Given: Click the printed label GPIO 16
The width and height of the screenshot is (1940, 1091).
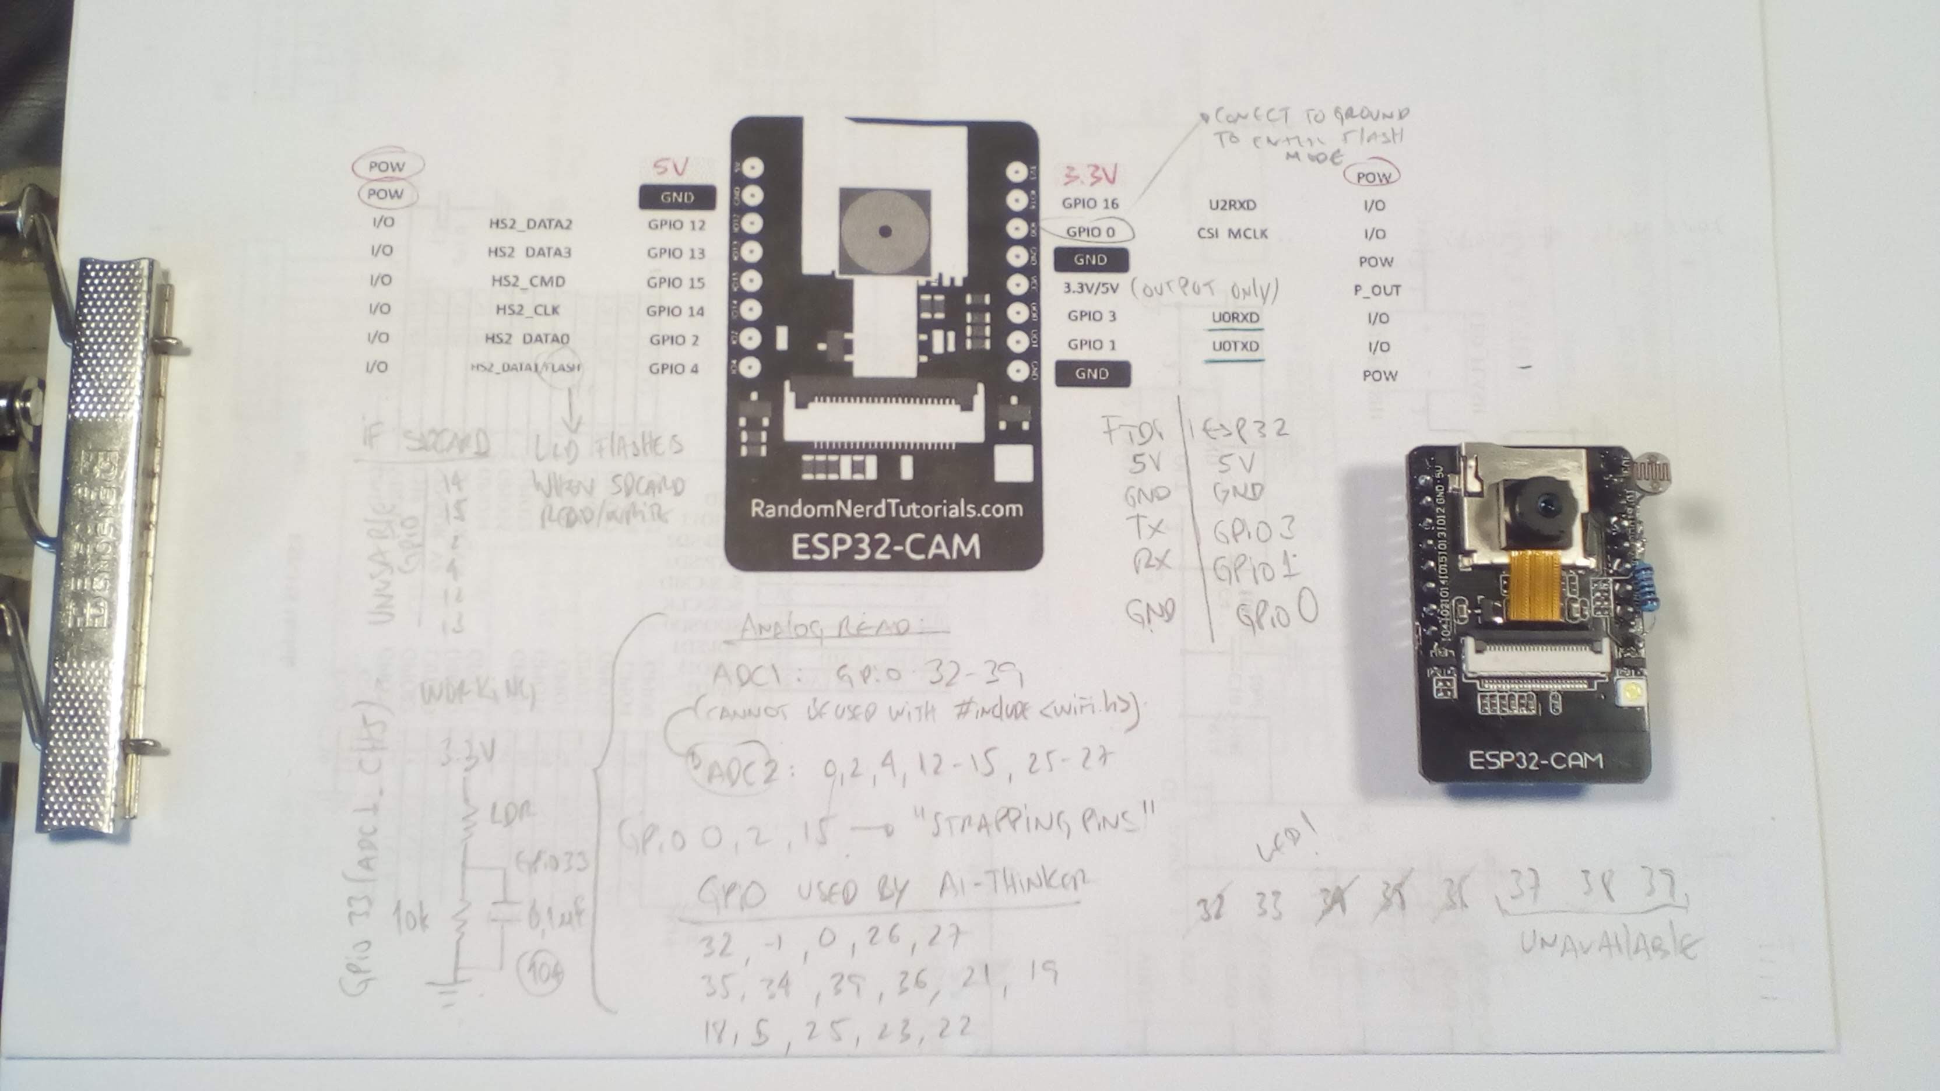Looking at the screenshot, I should click(1090, 203).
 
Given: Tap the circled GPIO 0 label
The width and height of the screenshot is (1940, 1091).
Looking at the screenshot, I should click(1090, 232).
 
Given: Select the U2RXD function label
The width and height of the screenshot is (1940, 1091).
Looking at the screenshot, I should click(1232, 205).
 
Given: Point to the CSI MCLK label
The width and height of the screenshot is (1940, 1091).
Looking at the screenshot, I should click(1232, 233).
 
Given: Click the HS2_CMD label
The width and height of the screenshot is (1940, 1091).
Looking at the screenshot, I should click(528, 281).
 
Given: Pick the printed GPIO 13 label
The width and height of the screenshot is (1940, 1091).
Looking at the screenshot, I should click(676, 253).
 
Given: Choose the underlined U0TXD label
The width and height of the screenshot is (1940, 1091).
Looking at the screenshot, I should click(1235, 346).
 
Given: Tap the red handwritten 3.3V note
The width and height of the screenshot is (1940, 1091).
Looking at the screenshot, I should click(1090, 175).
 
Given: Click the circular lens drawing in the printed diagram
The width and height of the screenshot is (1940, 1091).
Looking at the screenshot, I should click(885, 231).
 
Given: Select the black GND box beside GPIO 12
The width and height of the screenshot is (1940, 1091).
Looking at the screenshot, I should click(676, 197).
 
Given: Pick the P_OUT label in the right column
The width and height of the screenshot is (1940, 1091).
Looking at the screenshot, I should click(1377, 290).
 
